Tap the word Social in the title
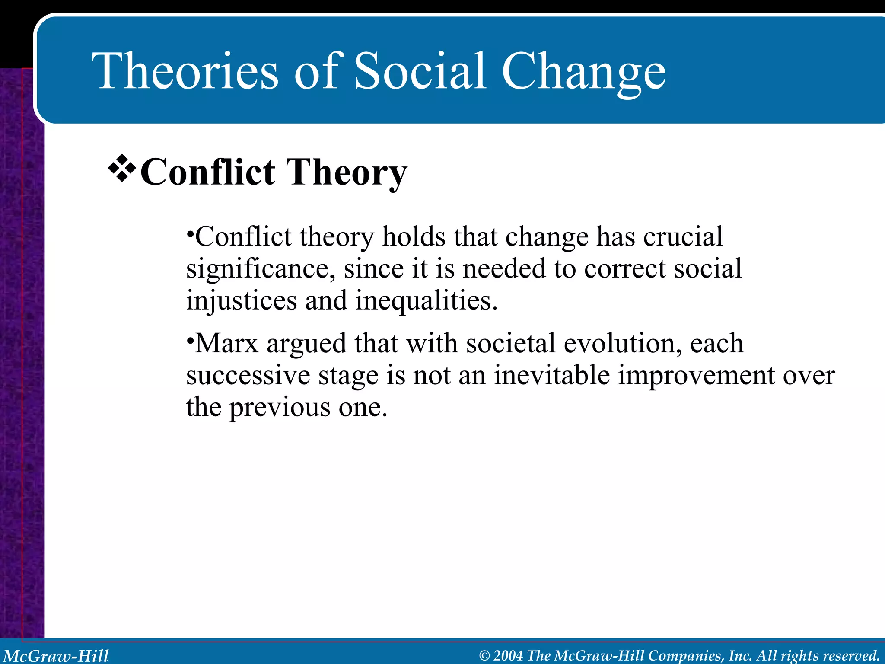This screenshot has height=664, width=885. click(419, 71)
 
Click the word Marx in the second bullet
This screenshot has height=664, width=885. click(226, 344)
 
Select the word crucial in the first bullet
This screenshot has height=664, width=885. click(682, 237)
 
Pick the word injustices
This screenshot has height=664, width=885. click(242, 301)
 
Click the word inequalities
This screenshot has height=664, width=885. click(426, 301)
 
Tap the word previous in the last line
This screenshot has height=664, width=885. click(279, 408)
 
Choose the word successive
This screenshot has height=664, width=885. click(248, 375)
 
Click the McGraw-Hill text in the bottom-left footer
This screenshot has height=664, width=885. click(56, 656)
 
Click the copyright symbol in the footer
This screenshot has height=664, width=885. click(484, 656)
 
